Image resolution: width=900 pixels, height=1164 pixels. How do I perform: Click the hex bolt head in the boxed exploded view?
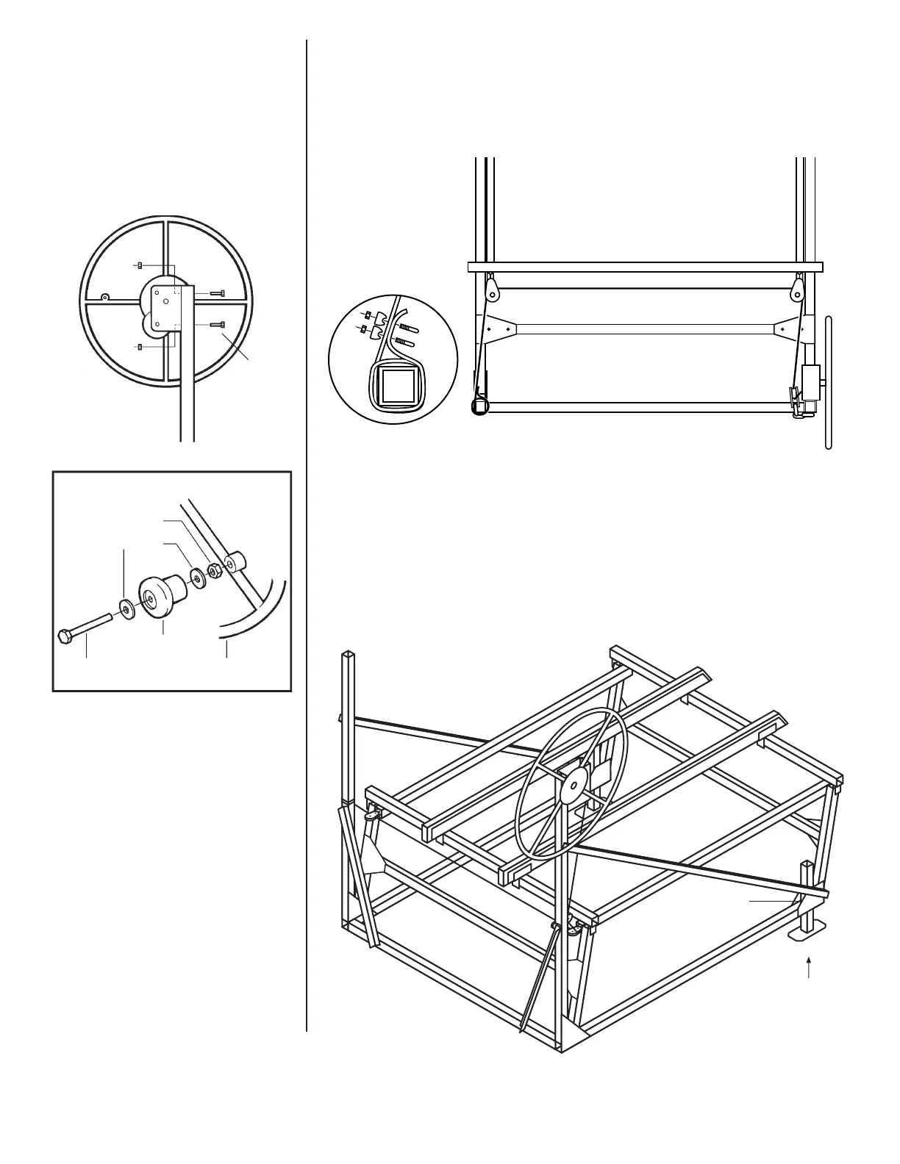coord(65,636)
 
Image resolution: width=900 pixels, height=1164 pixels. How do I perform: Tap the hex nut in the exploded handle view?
coord(215,570)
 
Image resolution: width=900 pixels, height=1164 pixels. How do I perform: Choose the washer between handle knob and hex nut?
coord(198,575)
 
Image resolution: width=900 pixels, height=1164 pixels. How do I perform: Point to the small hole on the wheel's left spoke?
coord(105,297)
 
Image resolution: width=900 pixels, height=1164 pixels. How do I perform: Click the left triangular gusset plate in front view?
coord(499,328)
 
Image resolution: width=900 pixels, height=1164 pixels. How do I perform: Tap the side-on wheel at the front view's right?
coord(829,382)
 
